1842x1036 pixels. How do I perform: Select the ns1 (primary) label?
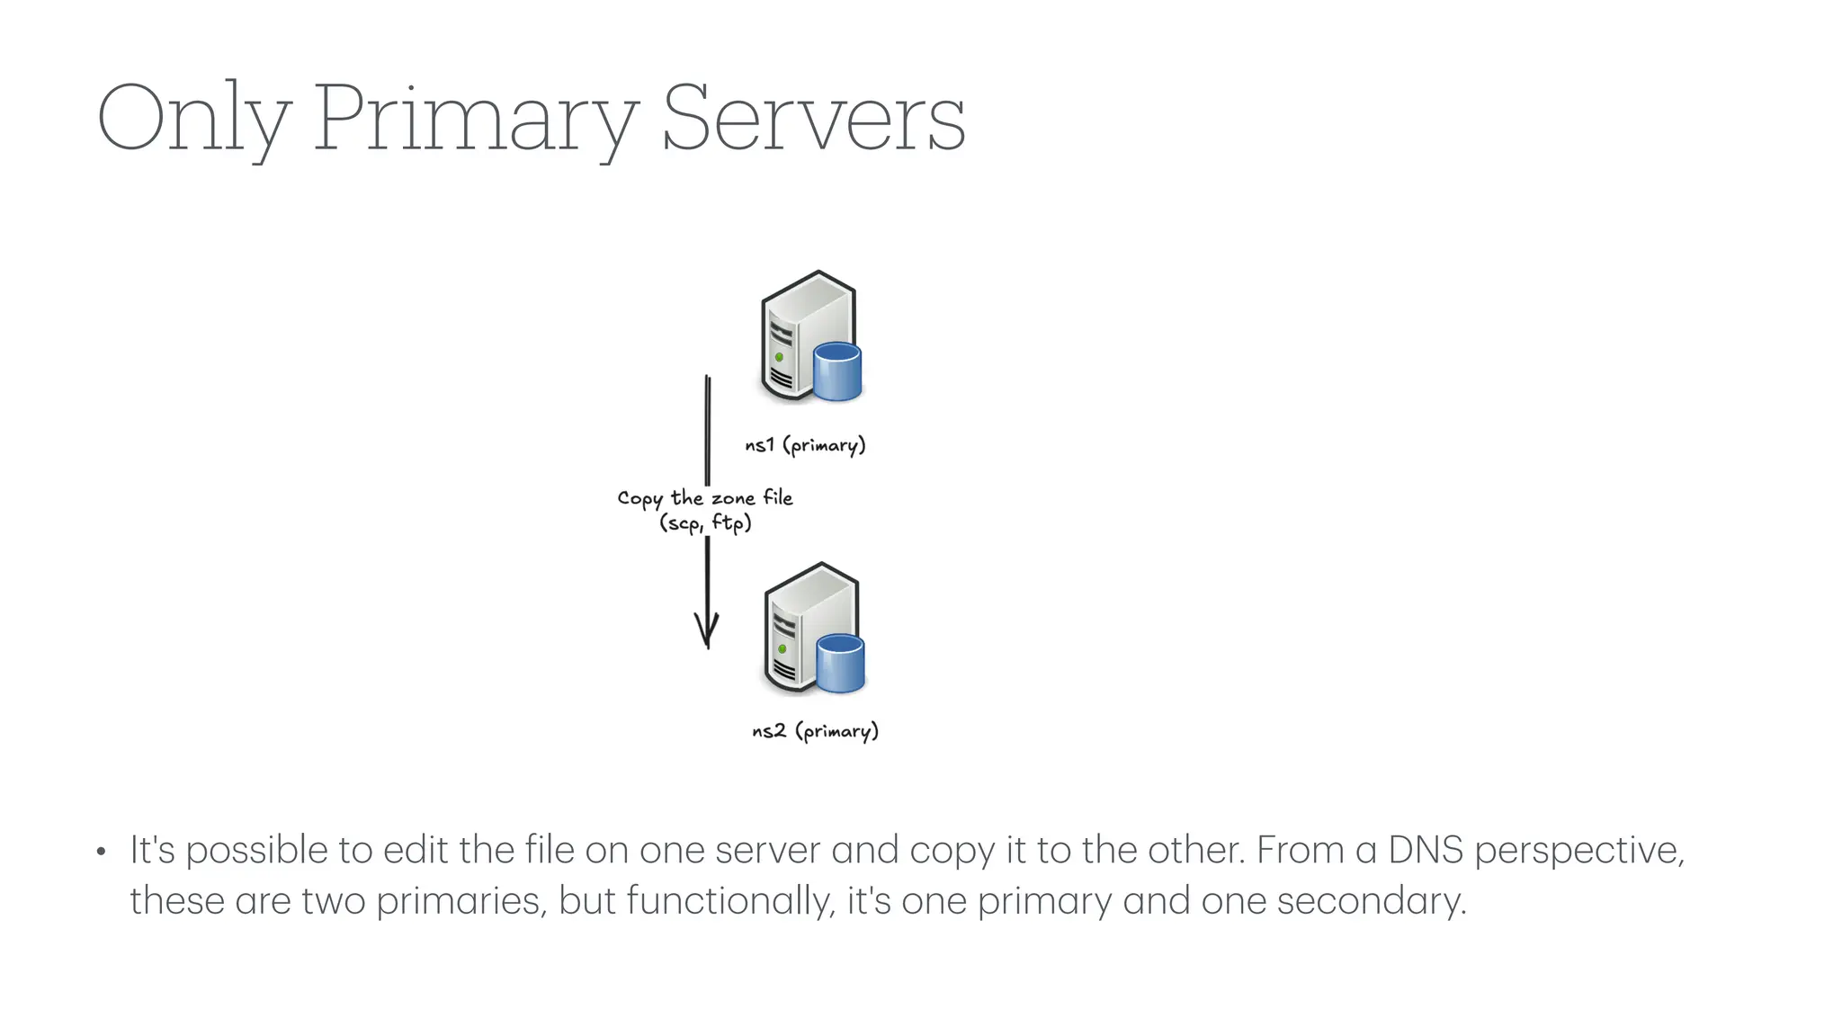click(x=805, y=445)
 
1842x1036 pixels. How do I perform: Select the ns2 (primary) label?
click(x=815, y=731)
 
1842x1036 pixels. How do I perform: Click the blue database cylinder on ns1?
click(x=837, y=371)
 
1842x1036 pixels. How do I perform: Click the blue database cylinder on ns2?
click(x=841, y=664)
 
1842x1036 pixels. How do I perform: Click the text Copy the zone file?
click(x=705, y=498)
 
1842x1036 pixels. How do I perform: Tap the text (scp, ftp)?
click(x=705, y=522)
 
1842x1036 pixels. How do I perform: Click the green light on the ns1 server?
click(x=780, y=358)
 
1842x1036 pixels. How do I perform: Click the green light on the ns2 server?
click(x=782, y=648)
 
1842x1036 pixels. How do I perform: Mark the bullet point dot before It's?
click(x=102, y=852)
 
